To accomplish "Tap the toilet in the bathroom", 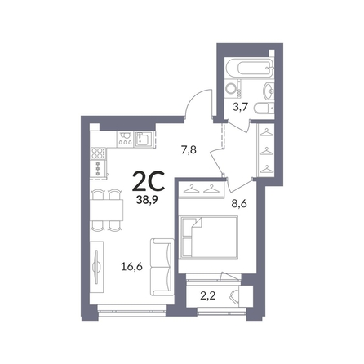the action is (264, 109).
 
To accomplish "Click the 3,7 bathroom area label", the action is (240, 107).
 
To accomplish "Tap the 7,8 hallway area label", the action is (189, 150).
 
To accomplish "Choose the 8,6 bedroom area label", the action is (239, 203).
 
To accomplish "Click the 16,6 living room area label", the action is (132, 267).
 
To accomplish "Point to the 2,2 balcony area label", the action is (208, 295).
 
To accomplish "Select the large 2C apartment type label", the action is (149, 182).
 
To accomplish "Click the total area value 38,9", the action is (149, 201).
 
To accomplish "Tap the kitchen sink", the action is (144, 140).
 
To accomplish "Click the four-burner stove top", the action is (99, 153).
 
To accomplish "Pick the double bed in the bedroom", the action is (209, 237).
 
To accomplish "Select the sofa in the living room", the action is (162, 268).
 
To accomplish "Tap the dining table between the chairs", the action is (107, 211).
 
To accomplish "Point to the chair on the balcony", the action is (234, 296).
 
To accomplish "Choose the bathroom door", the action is (238, 127).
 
